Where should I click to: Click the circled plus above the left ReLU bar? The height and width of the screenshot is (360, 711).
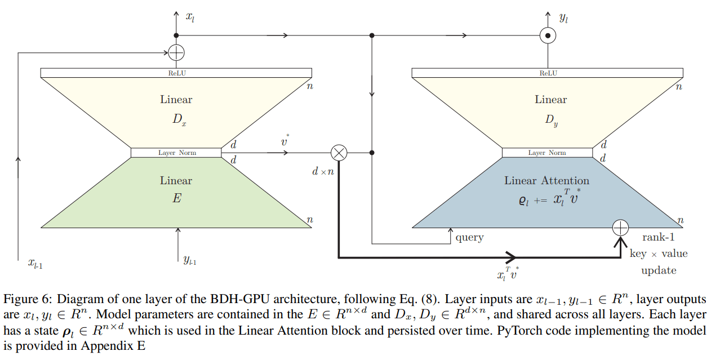click(x=176, y=52)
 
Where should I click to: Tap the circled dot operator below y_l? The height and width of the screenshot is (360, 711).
click(x=548, y=36)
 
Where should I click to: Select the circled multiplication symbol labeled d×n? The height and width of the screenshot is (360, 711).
click(x=339, y=152)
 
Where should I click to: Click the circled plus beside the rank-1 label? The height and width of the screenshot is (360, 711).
click(x=620, y=228)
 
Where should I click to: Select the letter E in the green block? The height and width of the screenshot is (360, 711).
click(x=176, y=198)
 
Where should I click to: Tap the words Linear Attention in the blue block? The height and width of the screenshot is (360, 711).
click(x=546, y=181)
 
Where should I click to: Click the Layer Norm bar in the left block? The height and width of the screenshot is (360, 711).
click(x=176, y=153)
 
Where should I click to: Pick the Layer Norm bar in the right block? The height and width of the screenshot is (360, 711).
click(x=547, y=153)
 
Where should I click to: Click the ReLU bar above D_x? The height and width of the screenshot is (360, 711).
click(x=176, y=73)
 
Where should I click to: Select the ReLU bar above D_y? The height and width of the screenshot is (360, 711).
click(x=547, y=73)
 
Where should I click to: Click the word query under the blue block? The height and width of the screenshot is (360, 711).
click(x=469, y=238)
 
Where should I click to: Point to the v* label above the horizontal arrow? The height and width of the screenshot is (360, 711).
click(x=285, y=141)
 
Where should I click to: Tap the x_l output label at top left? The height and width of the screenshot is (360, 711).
click(x=190, y=17)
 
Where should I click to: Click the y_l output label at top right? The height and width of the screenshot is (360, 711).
click(x=563, y=17)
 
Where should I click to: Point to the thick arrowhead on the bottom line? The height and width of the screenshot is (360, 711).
click(x=511, y=257)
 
